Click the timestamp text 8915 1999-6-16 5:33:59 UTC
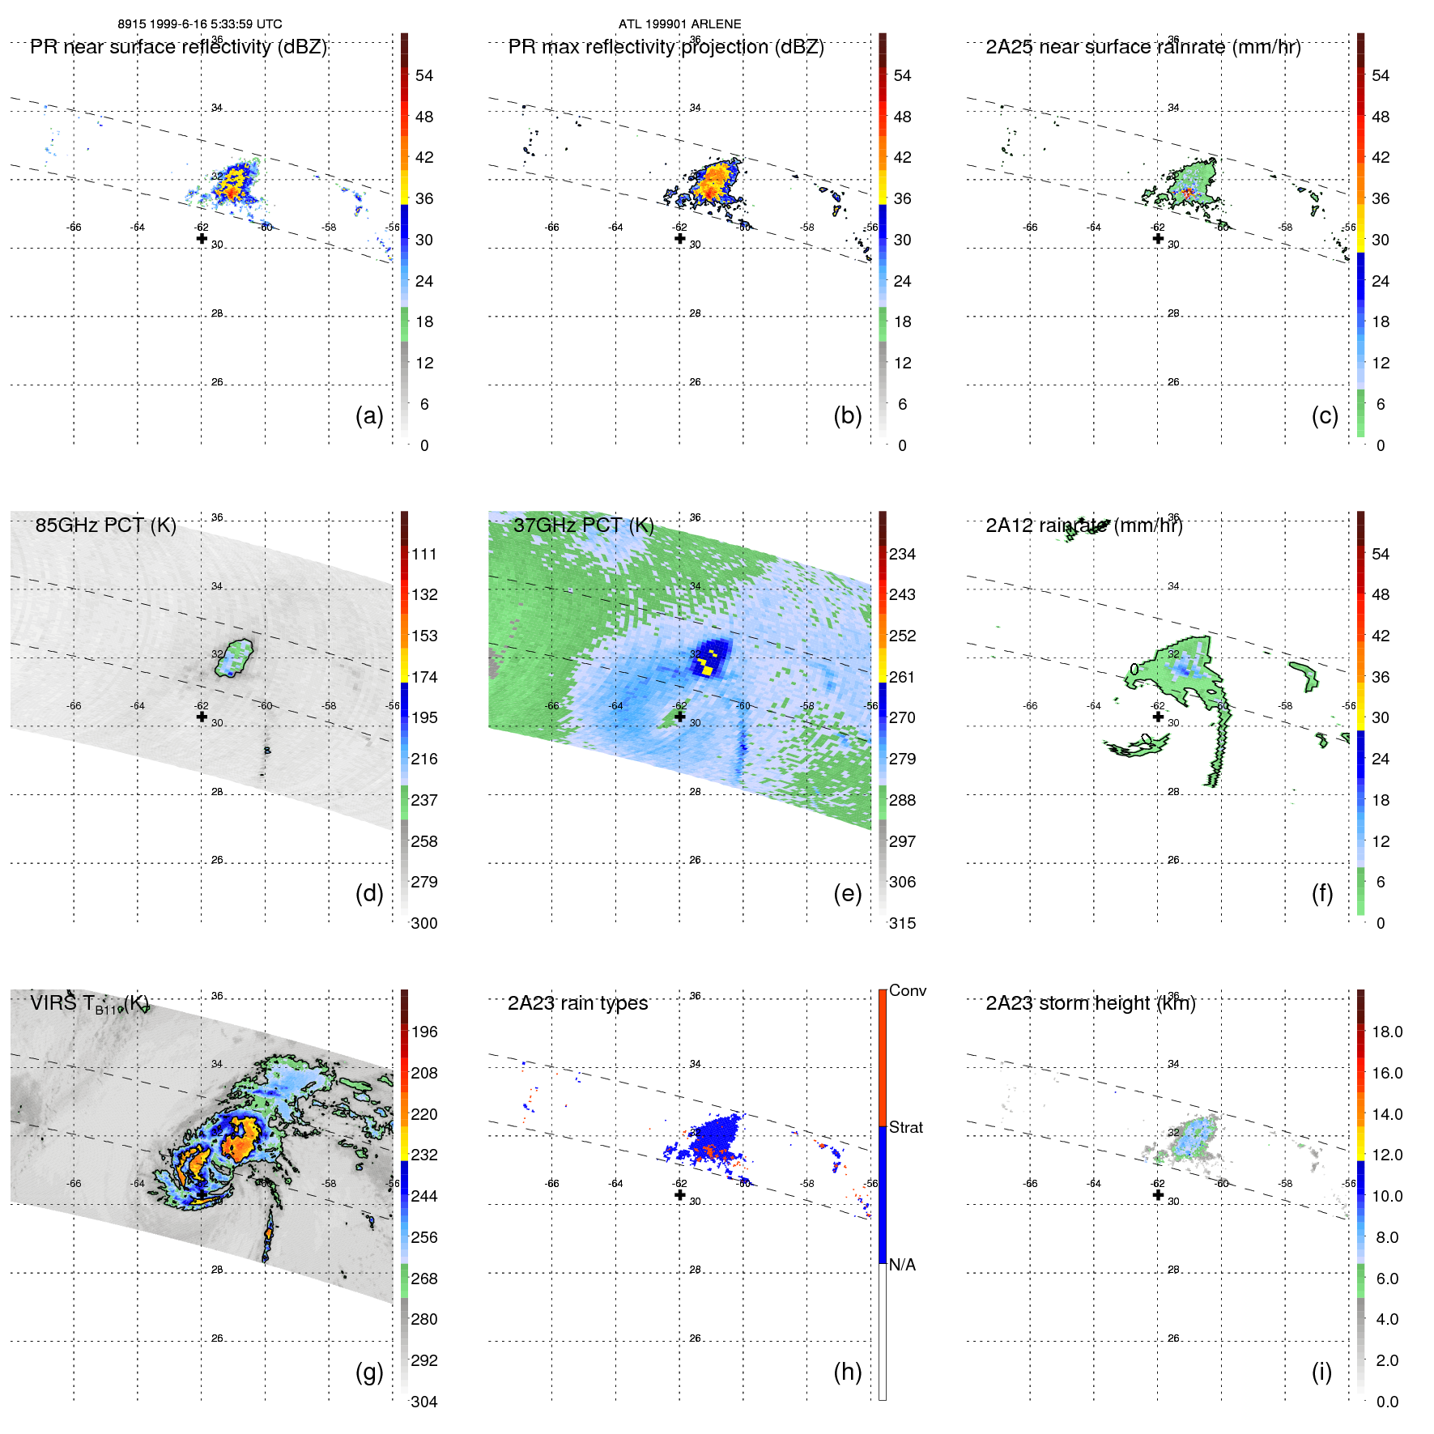[x=200, y=24]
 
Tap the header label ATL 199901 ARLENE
[x=679, y=24]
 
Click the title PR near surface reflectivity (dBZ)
[x=178, y=47]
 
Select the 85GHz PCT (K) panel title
[x=105, y=526]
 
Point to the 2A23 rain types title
[x=577, y=1003]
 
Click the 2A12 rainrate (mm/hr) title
[x=1083, y=526]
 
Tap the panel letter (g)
[x=369, y=1372]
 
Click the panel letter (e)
[x=847, y=893]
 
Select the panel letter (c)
[x=1325, y=415]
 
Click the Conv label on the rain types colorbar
[x=907, y=990]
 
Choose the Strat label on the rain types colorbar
[x=905, y=1127]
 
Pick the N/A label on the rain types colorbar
[x=902, y=1265]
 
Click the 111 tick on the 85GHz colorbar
[x=424, y=554]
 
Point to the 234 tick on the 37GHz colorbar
[x=902, y=554]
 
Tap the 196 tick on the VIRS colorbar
[x=424, y=1032]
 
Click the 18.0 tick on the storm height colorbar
[x=1386, y=1032]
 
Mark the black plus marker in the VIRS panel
[x=202, y=1194]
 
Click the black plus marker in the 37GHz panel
[x=680, y=717]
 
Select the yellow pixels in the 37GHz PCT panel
[x=707, y=670]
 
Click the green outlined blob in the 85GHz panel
[x=234, y=657]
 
